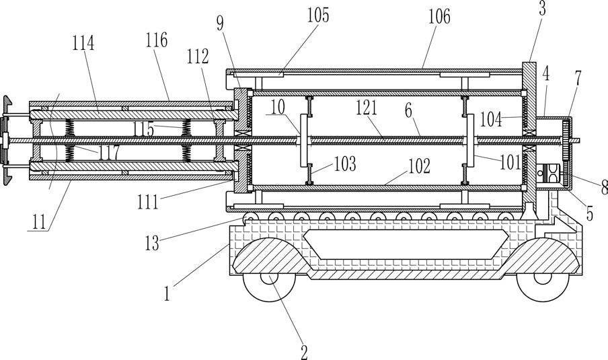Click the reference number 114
click(83, 42)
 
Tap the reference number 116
click(156, 40)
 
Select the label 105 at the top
click(318, 15)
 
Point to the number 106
click(439, 16)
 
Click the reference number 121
click(367, 108)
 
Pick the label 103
click(345, 164)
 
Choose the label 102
click(419, 166)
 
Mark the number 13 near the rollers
click(152, 243)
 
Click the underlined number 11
click(39, 222)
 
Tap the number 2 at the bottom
click(305, 352)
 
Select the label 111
click(148, 202)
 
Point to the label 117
click(109, 153)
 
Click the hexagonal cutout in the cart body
click(406, 244)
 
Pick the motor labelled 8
click(549, 174)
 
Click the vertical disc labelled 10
click(303, 141)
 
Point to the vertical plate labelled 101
click(470, 141)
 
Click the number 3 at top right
click(542, 8)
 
